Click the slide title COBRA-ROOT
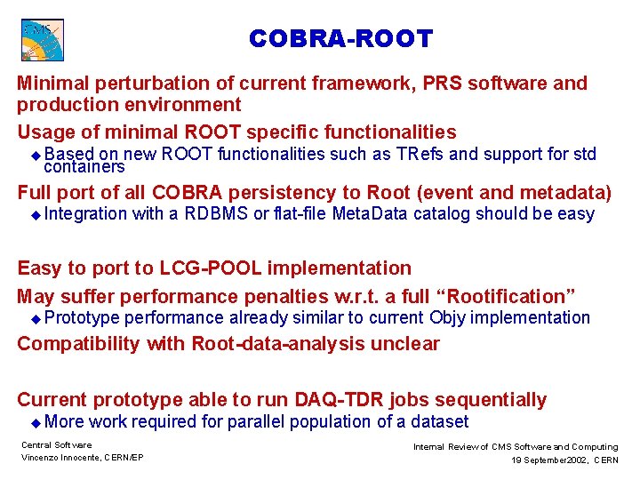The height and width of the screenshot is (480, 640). [340, 39]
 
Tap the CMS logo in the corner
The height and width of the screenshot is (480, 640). [42, 40]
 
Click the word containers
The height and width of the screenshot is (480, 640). [84, 167]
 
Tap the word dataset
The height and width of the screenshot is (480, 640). [436, 422]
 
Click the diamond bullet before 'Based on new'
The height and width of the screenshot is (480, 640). [36, 155]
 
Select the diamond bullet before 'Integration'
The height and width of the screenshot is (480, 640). [36, 214]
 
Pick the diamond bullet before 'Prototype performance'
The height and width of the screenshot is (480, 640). [36, 319]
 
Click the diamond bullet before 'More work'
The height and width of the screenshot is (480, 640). [36, 423]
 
